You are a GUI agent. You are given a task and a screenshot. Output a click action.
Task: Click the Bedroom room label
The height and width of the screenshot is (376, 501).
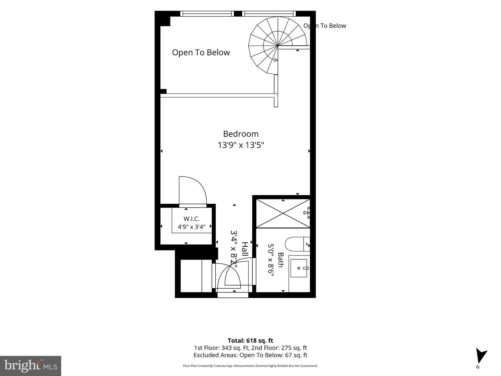tap(241, 134)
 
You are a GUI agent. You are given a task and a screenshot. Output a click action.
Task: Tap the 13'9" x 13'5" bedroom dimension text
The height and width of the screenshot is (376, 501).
tap(241, 145)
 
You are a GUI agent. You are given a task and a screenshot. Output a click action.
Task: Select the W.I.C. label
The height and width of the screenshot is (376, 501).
tap(191, 219)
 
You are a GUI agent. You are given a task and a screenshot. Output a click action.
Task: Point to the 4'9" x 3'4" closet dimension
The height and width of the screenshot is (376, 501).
tap(191, 227)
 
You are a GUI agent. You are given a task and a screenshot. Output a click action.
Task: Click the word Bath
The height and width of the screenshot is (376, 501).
tap(280, 260)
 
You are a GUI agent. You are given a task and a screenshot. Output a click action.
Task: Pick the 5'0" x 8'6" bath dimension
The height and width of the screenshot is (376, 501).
tap(271, 260)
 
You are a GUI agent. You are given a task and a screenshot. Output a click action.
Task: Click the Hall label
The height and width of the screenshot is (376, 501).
tap(245, 249)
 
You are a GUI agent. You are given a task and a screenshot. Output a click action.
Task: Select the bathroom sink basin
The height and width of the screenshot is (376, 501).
tap(299, 268)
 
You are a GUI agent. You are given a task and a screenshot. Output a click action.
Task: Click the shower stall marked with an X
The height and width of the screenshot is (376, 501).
tap(283, 213)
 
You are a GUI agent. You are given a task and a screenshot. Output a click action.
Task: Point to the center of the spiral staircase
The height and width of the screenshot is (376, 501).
tap(278, 46)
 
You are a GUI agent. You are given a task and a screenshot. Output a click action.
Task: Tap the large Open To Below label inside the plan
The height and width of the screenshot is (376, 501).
tap(201, 53)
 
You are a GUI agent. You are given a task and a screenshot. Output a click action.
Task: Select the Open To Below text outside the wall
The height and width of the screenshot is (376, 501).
tap(325, 26)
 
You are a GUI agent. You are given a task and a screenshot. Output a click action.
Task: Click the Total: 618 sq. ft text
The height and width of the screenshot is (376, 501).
tap(250, 340)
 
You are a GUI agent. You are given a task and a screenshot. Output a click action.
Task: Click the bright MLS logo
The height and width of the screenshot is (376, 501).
tap(31, 366)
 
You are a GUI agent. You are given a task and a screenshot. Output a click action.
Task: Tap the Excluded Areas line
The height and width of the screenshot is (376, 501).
tap(250, 355)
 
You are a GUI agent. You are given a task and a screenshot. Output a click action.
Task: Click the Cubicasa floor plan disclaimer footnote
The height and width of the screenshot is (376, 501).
tap(250, 366)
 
